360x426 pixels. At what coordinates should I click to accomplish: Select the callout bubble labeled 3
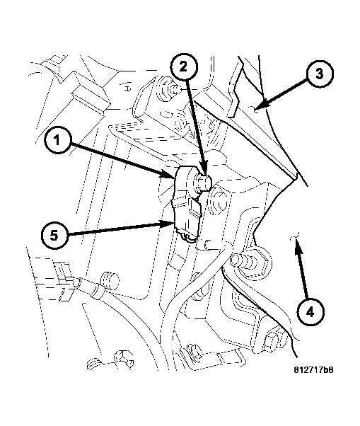319,74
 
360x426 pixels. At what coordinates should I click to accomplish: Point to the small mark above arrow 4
298,234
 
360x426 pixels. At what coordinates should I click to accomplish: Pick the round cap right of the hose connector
110,277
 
